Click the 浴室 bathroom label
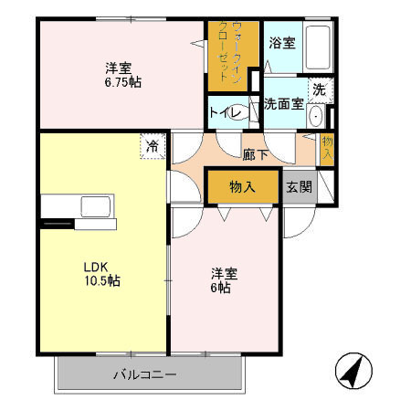281,43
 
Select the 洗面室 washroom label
283,104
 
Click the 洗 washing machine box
318,89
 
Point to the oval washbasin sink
316,116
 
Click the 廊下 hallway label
256,154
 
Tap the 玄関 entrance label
299,186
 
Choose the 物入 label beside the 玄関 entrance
242,186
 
